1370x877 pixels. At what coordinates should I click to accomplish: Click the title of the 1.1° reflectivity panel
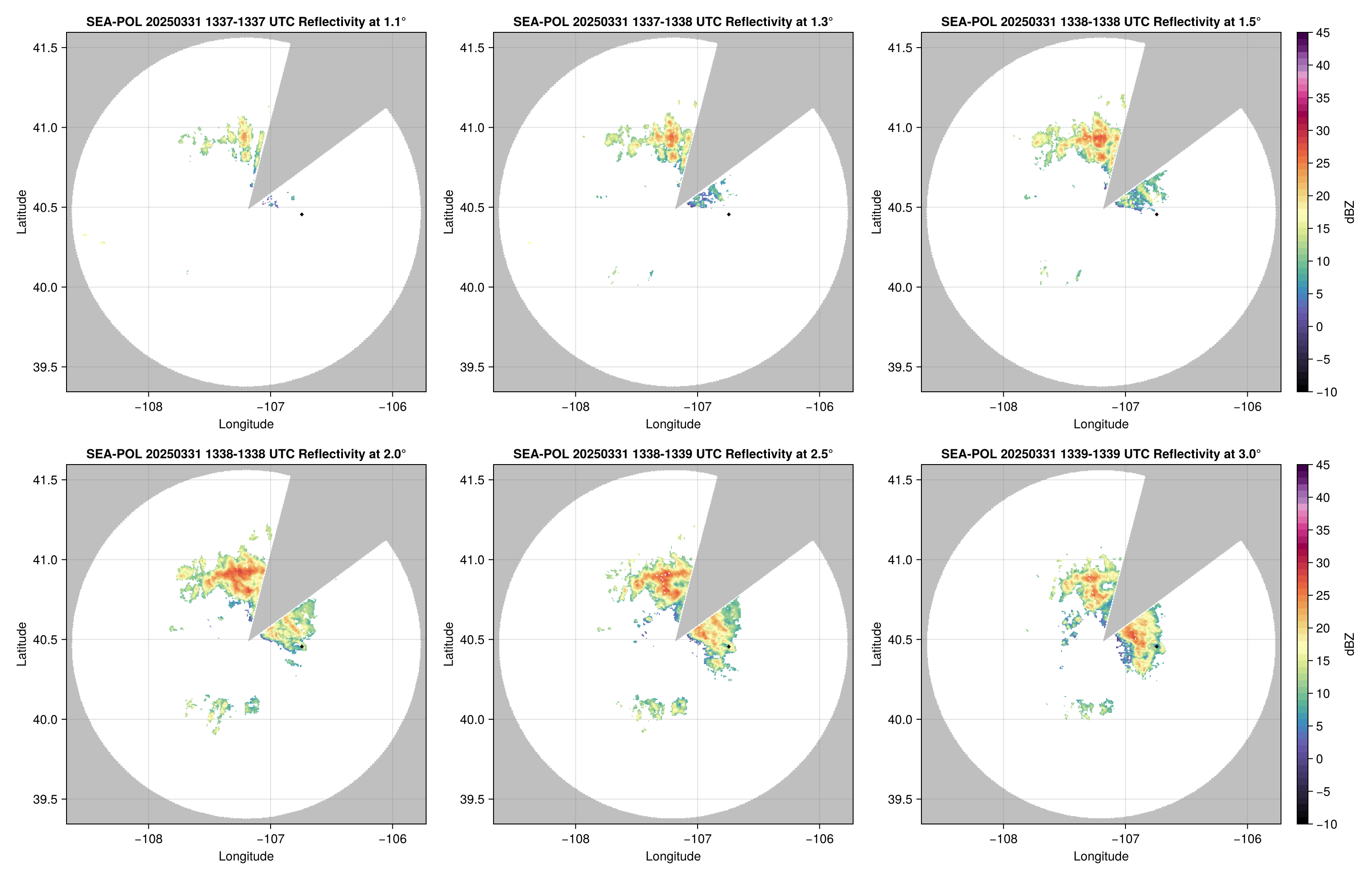click(246, 22)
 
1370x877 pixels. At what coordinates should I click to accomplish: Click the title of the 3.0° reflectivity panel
click(1101, 454)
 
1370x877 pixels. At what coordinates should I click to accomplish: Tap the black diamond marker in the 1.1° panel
click(301, 214)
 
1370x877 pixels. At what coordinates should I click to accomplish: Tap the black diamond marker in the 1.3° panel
click(729, 214)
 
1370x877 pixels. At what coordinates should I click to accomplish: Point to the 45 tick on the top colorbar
click(1323, 33)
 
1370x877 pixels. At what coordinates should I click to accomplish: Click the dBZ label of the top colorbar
click(1349, 212)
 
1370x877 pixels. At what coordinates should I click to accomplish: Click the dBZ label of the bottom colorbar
click(1349, 644)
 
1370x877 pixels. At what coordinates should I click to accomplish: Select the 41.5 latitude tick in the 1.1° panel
click(45, 48)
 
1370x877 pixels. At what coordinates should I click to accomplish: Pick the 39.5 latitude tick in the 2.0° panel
click(45, 799)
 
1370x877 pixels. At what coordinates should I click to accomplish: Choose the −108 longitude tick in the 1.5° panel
click(1003, 407)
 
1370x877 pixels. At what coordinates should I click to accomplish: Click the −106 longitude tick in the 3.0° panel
click(1248, 839)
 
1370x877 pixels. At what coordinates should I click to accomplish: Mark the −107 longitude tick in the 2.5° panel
click(697, 839)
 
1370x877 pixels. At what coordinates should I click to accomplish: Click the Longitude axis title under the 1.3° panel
click(673, 424)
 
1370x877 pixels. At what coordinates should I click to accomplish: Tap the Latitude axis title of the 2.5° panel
click(449, 644)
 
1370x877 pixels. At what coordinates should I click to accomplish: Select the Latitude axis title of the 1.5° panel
click(876, 212)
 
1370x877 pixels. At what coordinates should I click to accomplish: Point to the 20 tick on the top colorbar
click(1323, 196)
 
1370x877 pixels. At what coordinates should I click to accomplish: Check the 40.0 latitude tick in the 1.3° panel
click(473, 288)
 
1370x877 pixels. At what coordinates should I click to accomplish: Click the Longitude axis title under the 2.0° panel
click(246, 856)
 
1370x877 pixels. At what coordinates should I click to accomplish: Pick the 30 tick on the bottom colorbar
click(1323, 563)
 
